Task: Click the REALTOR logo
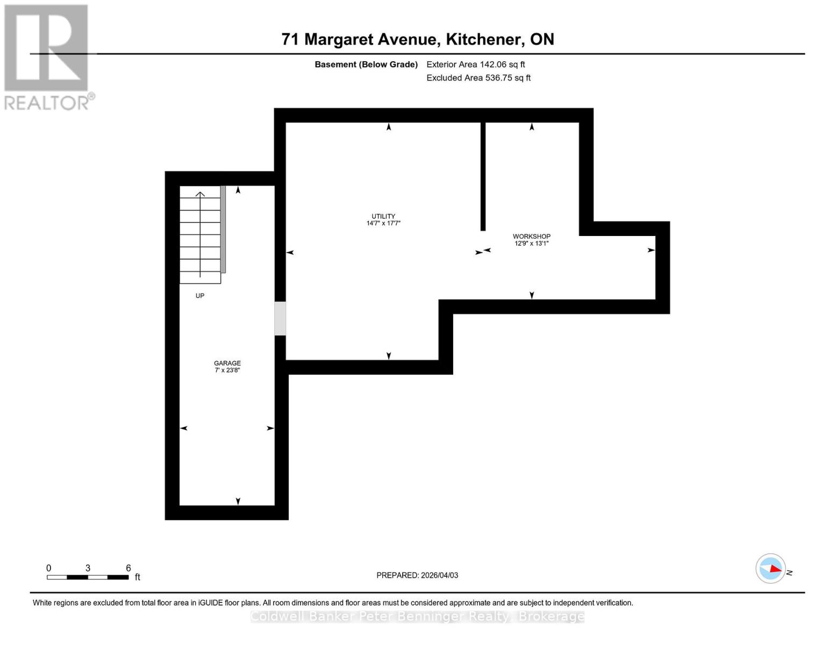[47, 56]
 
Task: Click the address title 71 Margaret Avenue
[417, 39]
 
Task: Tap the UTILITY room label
[383, 216]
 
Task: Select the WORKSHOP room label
[531, 236]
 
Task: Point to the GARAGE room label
[227, 363]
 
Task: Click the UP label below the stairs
[200, 296]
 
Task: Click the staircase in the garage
[200, 234]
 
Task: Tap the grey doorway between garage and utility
[280, 319]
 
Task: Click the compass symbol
[770, 568]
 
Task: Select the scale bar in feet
[88, 577]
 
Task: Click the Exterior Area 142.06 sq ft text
[475, 64]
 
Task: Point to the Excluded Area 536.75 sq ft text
[478, 78]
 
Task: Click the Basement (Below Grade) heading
[366, 64]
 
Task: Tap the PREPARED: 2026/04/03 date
[417, 575]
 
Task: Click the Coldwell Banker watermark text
[417, 616]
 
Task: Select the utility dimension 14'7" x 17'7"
[383, 223]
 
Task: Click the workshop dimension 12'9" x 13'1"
[531, 243]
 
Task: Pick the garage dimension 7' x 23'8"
[227, 370]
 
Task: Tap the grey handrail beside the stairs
[223, 230]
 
